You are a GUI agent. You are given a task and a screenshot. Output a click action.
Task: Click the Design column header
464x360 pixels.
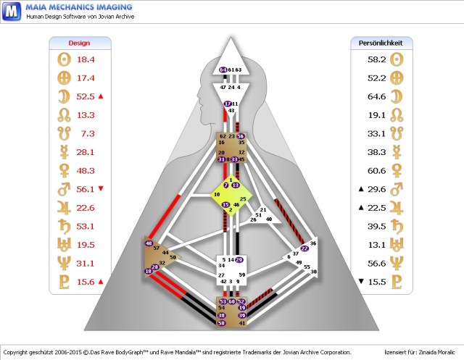pos(79,43)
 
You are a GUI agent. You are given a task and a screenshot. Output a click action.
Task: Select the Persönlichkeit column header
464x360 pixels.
pos(381,43)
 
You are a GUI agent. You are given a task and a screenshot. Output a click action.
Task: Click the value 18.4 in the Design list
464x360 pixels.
pos(86,59)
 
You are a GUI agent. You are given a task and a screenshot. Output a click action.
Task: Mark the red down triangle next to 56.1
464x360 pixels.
pos(101,189)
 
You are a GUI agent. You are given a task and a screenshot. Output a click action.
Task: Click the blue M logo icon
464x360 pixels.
pos(11,13)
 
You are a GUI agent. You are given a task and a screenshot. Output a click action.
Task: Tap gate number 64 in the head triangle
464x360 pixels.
pos(223,70)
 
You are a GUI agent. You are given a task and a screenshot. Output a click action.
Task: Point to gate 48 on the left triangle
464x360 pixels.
pos(149,243)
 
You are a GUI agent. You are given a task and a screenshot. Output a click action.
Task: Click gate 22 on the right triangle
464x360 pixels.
pos(304,248)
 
